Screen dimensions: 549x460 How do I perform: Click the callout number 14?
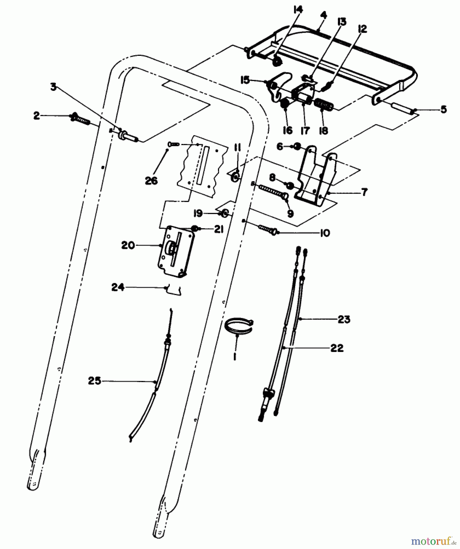click(298, 10)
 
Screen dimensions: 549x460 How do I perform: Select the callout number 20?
click(128, 245)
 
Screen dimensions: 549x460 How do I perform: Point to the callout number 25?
click(95, 381)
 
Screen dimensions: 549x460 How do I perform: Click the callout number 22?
click(337, 348)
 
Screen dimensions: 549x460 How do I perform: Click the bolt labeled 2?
click(80, 119)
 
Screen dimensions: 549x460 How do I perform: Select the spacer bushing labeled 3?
click(126, 135)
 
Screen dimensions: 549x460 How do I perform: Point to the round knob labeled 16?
click(285, 105)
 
